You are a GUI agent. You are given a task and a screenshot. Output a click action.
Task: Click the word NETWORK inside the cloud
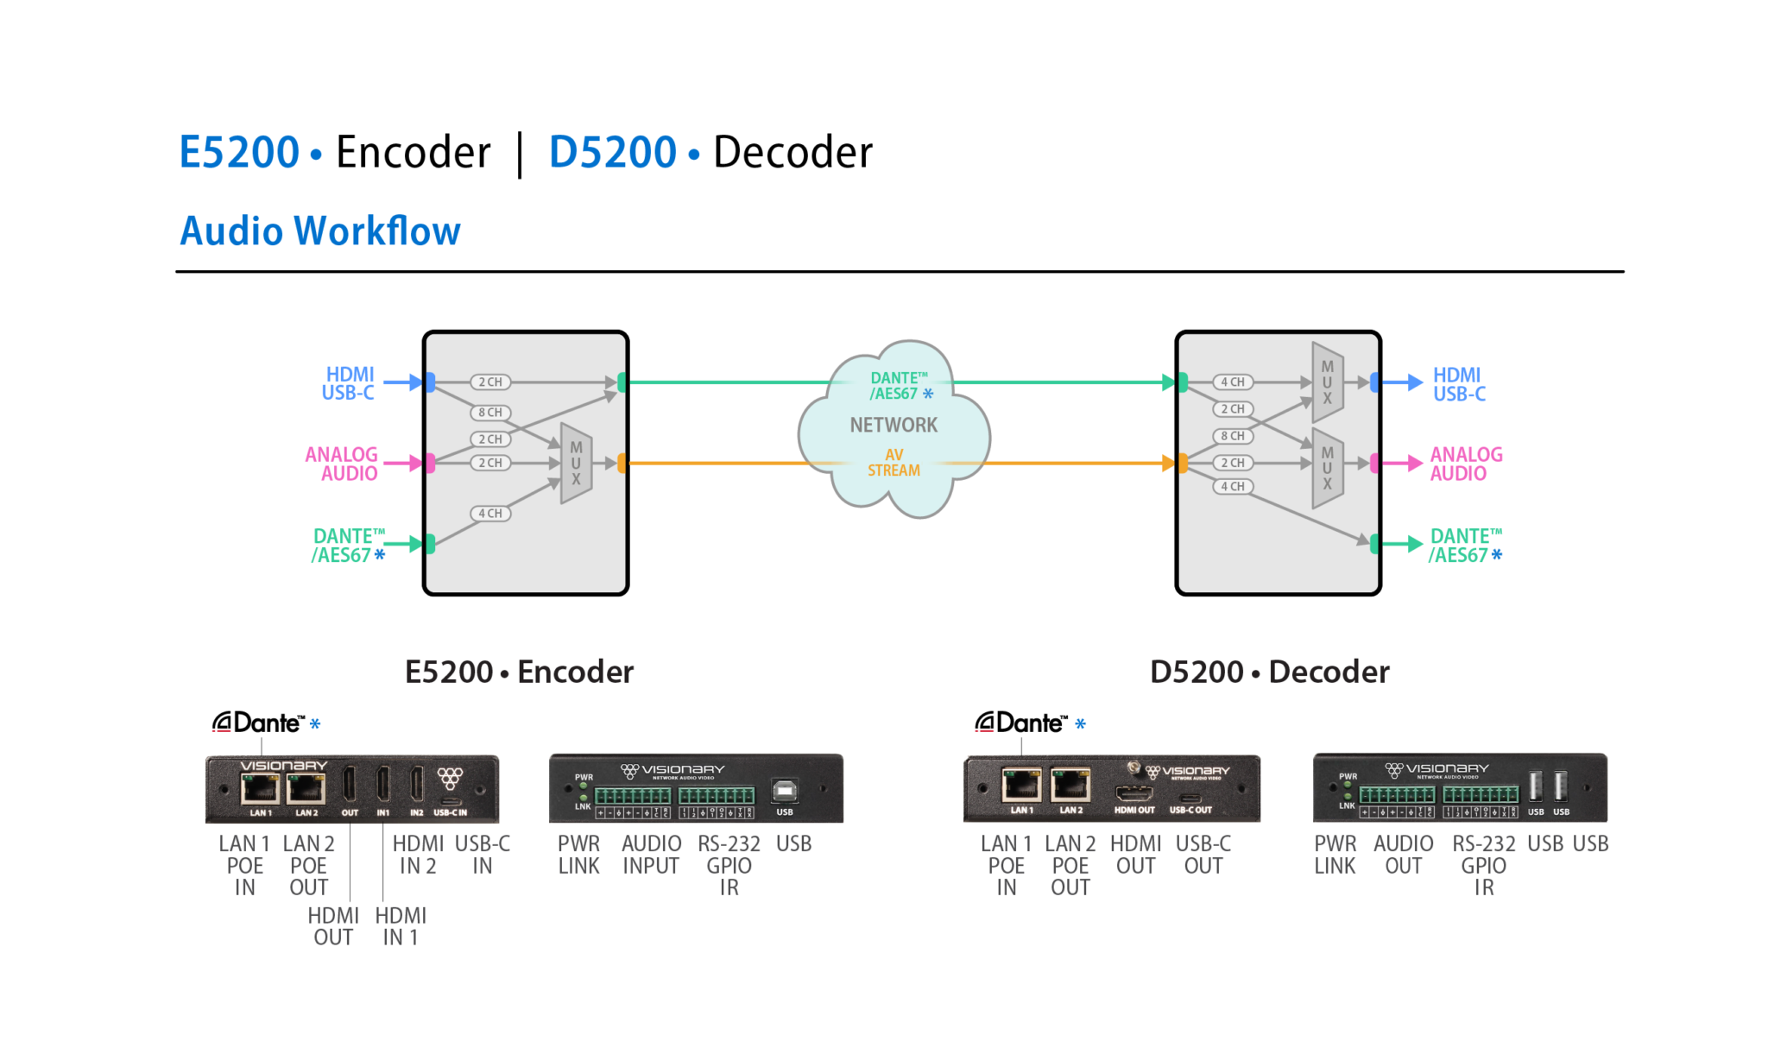(x=893, y=425)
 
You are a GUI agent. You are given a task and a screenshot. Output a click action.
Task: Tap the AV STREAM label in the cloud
(x=893, y=463)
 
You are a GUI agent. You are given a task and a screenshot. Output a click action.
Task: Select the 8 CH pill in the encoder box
(x=490, y=413)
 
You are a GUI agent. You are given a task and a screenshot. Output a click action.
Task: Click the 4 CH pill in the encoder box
(x=490, y=514)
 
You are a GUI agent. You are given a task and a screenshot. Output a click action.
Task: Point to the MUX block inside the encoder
(x=576, y=464)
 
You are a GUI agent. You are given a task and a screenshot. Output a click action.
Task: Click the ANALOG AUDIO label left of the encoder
(x=342, y=464)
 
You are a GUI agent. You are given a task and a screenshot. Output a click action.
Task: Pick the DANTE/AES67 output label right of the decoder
(x=1465, y=546)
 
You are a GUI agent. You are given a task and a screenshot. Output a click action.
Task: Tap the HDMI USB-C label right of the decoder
(x=1459, y=384)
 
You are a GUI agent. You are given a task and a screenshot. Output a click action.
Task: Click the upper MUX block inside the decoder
(x=1328, y=382)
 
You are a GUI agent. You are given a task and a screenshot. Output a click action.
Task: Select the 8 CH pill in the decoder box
(x=1233, y=436)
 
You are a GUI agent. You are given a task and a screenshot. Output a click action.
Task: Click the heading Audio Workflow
(x=319, y=231)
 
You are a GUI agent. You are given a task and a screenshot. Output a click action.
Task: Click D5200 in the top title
(x=612, y=153)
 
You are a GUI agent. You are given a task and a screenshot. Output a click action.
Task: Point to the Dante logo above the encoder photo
(x=258, y=723)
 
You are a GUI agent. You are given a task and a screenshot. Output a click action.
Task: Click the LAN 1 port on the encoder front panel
(x=260, y=788)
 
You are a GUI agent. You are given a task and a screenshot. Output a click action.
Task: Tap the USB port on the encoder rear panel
(x=784, y=791)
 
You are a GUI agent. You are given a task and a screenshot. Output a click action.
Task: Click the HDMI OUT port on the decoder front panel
(x=1134, y=792)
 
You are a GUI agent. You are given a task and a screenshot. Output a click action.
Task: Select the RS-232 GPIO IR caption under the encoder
(x=729, y=865)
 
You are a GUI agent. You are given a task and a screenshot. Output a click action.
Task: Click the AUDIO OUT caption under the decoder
(x=1403, y=855)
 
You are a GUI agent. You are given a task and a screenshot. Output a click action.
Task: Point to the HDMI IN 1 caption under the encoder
(x=401, y=926)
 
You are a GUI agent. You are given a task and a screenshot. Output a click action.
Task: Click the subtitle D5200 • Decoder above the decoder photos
(x=1269, y=672)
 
